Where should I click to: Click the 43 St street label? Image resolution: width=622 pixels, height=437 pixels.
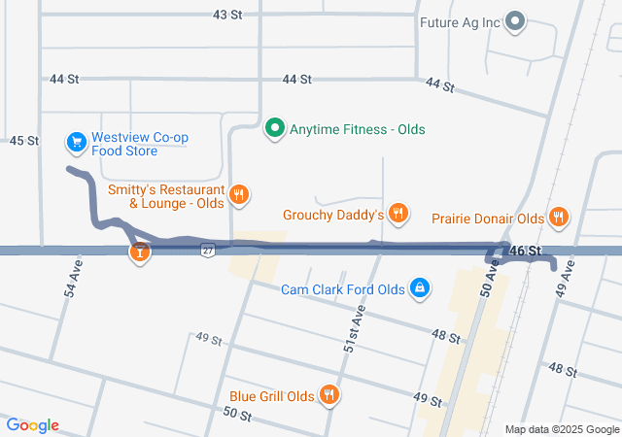[x=226, y=15]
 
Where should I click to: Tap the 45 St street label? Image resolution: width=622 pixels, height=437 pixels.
[x=23, y=141]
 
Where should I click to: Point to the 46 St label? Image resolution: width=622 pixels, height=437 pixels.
[x=526, y=252]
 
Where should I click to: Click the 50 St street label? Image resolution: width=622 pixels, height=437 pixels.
[x=238, y=415]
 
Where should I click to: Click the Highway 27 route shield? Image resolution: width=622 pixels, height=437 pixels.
[x=208, y=251]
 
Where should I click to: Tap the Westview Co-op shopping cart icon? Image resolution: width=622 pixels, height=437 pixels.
[x=75, y=143]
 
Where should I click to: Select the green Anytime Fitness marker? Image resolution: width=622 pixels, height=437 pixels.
[x=275, y=128]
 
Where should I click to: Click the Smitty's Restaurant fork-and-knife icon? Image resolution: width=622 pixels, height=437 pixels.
[x=238, y=196]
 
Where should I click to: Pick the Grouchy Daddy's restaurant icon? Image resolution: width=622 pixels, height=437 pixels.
[x=397, y=214]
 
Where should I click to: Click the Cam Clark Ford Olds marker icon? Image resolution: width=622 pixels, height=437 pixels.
[x=419, y=288]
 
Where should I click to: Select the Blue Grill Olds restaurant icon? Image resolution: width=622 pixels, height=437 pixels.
[x=329, y=395]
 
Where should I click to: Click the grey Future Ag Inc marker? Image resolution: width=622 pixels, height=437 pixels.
[x=515, y=21]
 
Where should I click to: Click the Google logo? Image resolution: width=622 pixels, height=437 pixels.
[x=32, y=425]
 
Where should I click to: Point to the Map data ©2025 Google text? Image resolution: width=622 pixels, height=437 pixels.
[x=561, y=429]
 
